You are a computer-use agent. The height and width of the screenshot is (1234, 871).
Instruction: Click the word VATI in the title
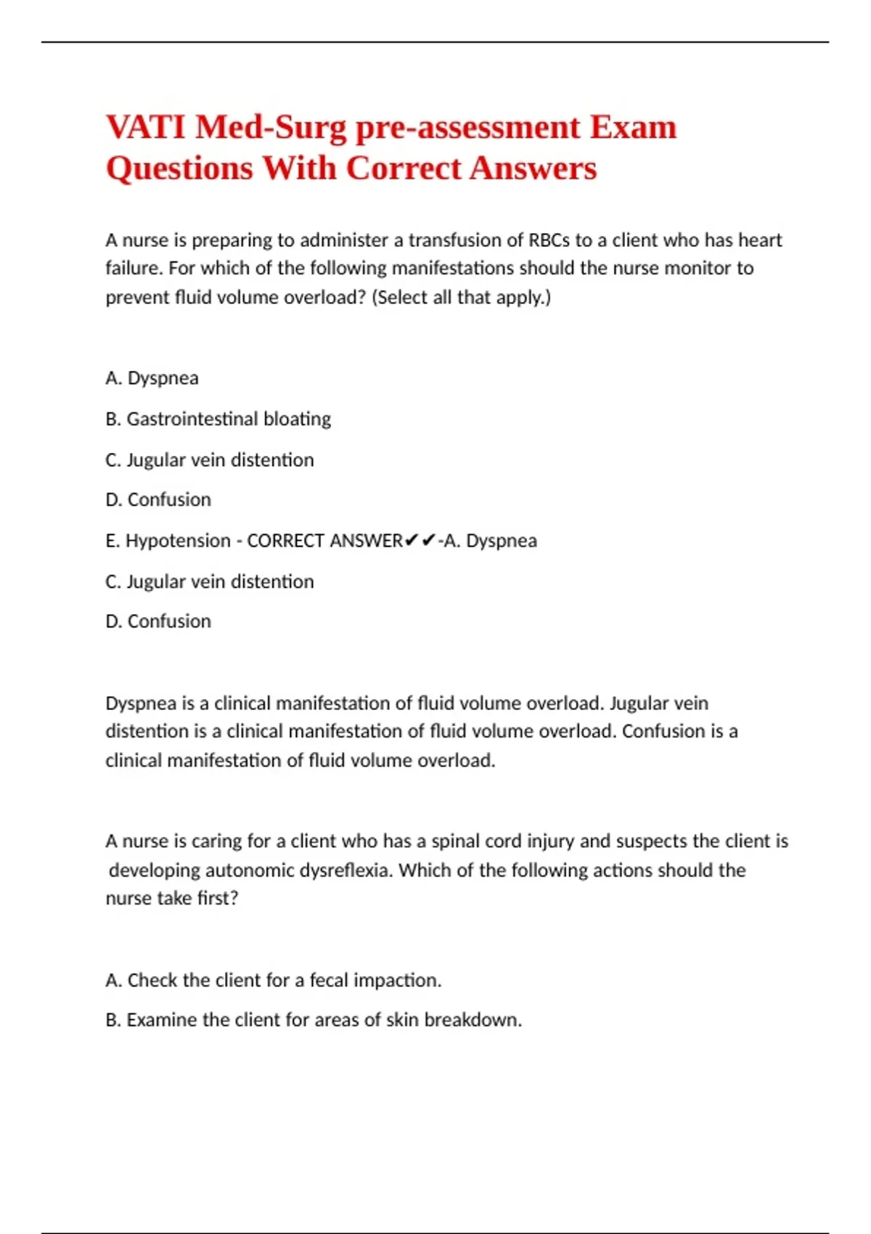point(145,127)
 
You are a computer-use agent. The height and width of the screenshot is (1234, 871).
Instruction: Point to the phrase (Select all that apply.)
point(461,298)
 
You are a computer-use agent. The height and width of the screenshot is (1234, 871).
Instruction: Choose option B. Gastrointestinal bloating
point(218,419)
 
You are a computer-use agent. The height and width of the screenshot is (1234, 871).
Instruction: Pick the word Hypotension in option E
point(178,541)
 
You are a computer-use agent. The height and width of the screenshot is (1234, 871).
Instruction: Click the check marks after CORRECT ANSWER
point(420,541)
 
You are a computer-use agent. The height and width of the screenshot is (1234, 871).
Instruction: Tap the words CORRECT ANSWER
point(324,541)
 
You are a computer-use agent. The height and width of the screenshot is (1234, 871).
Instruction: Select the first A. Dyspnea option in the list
point(152,378)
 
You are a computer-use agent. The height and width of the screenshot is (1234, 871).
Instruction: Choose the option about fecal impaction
point(273,981)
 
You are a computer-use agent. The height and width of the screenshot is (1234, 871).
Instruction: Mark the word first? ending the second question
point(217,899)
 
